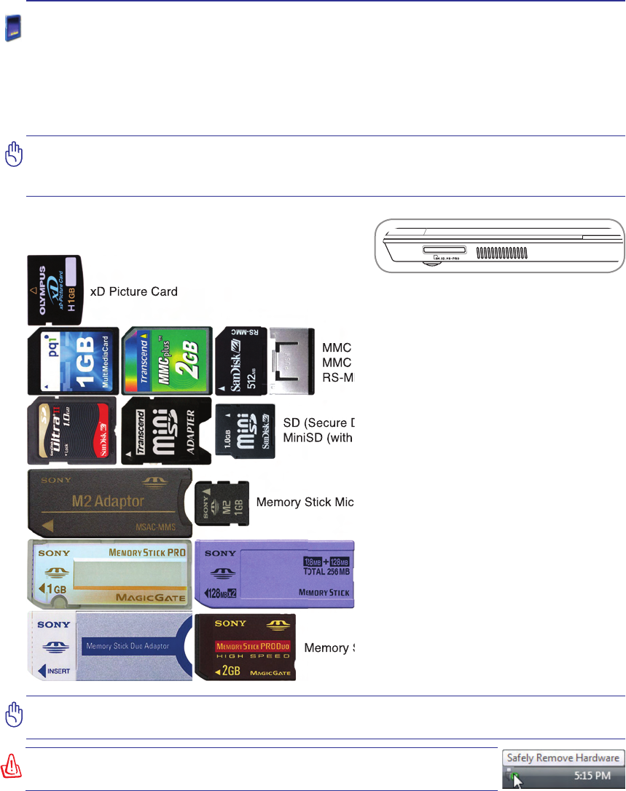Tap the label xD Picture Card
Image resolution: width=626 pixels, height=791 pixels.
[133, 291]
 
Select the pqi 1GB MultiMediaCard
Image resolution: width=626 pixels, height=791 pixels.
[72, 360]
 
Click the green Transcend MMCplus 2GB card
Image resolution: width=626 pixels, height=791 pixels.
[166, 360]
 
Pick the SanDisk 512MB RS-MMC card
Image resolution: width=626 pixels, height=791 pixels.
[240, 360]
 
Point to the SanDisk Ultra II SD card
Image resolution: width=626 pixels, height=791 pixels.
[71, 431]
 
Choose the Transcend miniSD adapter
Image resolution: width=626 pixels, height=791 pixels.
[166, 431]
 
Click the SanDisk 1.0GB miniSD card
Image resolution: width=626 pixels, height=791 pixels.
[245, 432]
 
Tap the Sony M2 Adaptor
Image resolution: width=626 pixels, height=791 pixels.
[109, 502]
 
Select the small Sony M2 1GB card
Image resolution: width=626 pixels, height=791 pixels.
[223, 503]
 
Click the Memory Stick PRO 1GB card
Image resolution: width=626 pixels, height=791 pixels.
[109, 573]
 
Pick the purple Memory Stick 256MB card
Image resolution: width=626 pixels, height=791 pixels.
[274, 574]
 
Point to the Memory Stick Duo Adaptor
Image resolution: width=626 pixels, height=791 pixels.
[109, 646]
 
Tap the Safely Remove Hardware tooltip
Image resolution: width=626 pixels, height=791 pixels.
[563, 757]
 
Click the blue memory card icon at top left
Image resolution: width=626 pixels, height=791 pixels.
[13, 30]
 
